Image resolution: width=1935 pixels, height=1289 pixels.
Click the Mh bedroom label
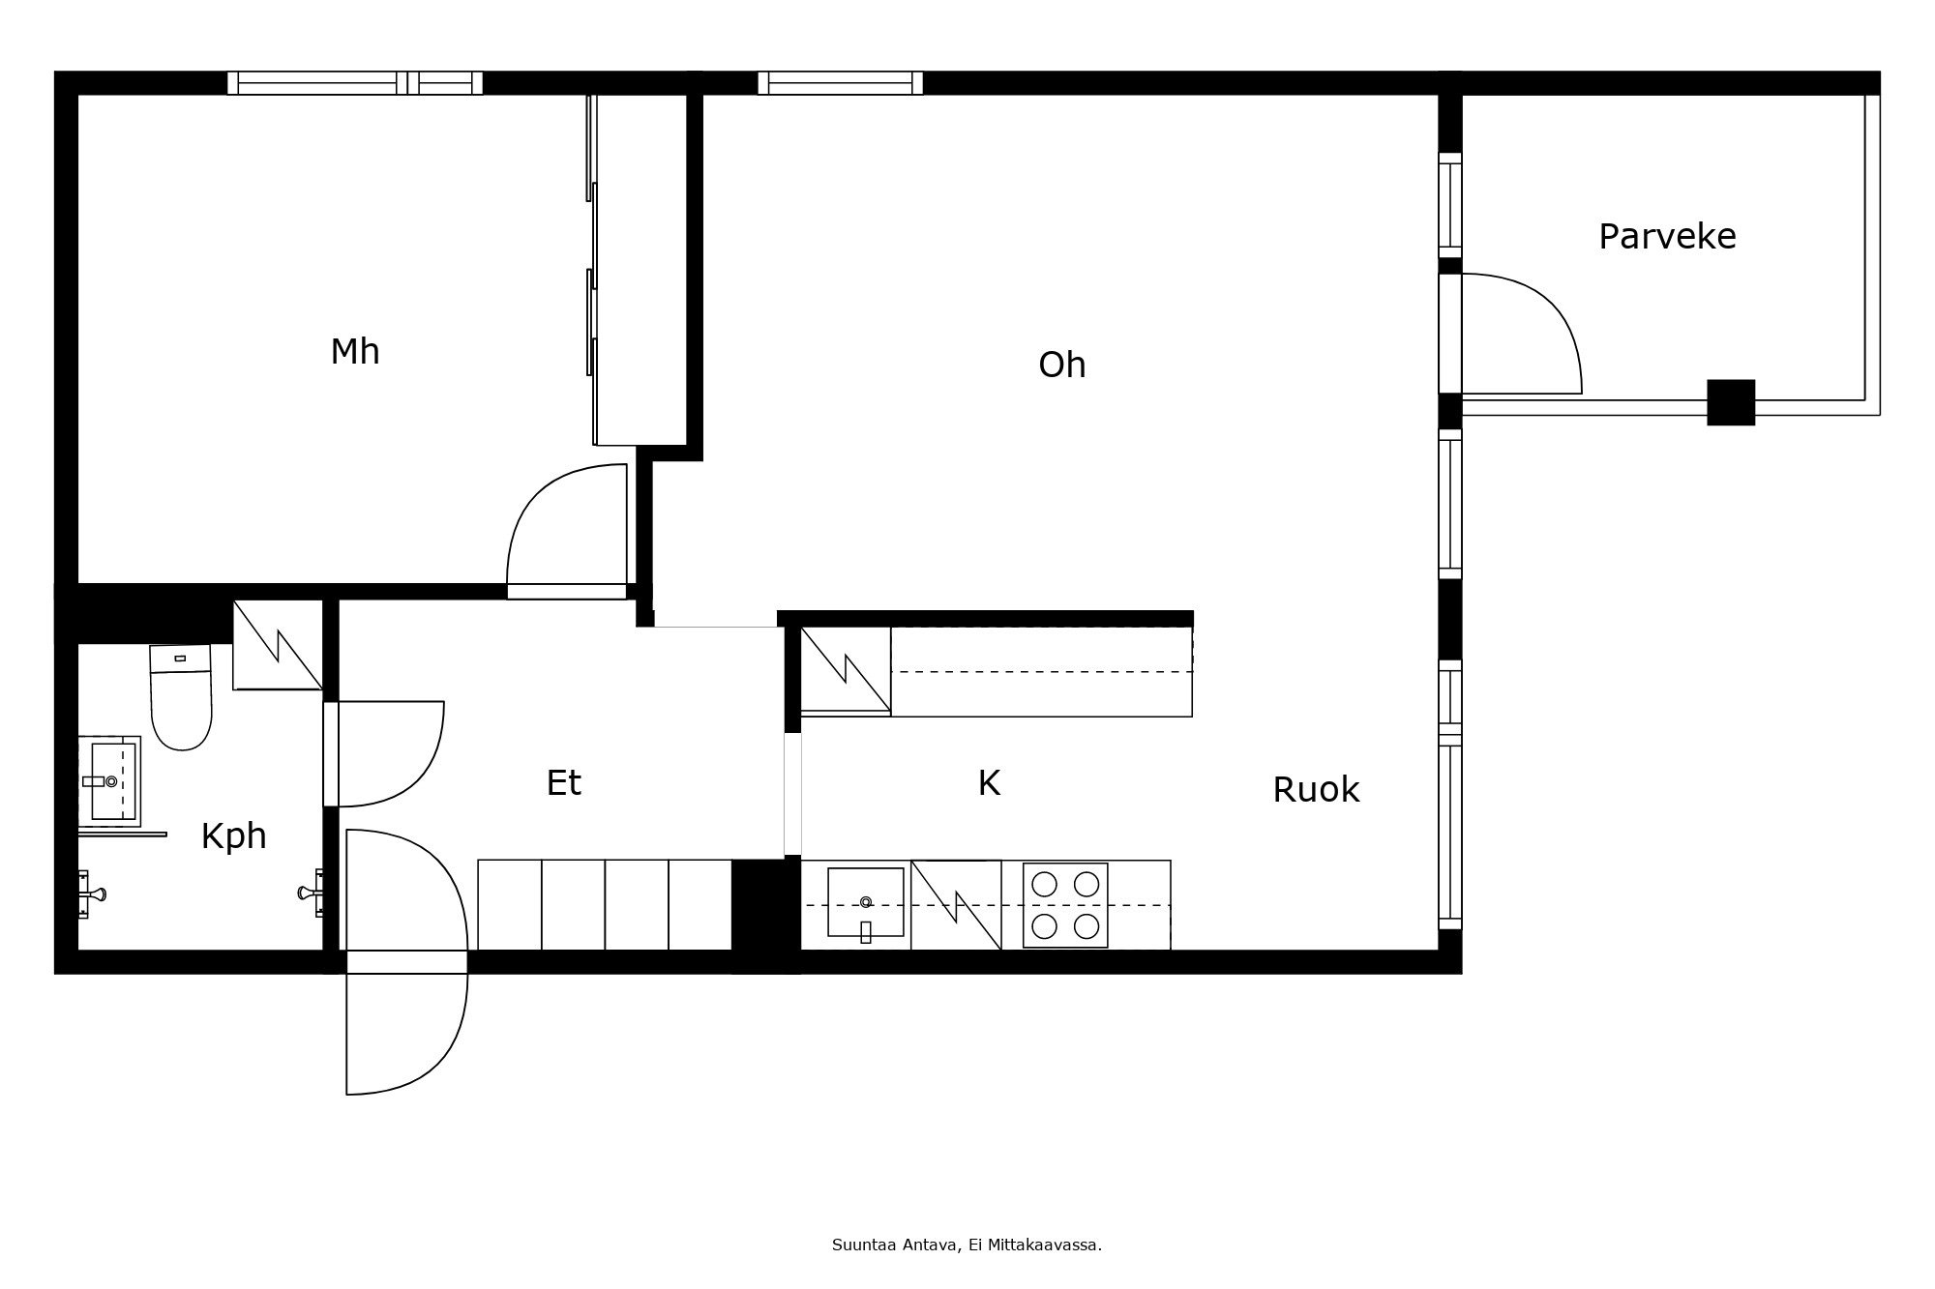[x=355, y=352]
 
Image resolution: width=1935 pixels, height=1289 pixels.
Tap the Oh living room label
[x=1061, y=366]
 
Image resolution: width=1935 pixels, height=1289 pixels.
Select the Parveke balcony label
[x=1666, y=237]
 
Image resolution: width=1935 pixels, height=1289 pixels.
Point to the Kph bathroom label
[x=233, y=836]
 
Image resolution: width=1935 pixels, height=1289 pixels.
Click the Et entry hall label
[x=563, y=783]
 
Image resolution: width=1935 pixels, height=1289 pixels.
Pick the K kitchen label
[x=988, y=783]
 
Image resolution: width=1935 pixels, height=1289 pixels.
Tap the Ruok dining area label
[x=1315, y=791]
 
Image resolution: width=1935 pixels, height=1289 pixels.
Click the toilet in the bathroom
[x=181, y=698]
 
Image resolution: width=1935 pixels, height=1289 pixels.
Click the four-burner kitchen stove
[x=1065, y=905]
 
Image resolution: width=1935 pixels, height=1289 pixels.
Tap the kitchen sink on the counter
[x=865, y=902]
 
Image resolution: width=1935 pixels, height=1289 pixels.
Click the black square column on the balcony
[x=1730, y=402]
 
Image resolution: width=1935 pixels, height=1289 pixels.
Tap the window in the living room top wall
[x=840, y=83]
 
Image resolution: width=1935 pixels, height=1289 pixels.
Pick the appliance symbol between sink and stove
[x=956, y=905]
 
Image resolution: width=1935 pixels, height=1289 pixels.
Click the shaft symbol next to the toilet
[x=278, y=645]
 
